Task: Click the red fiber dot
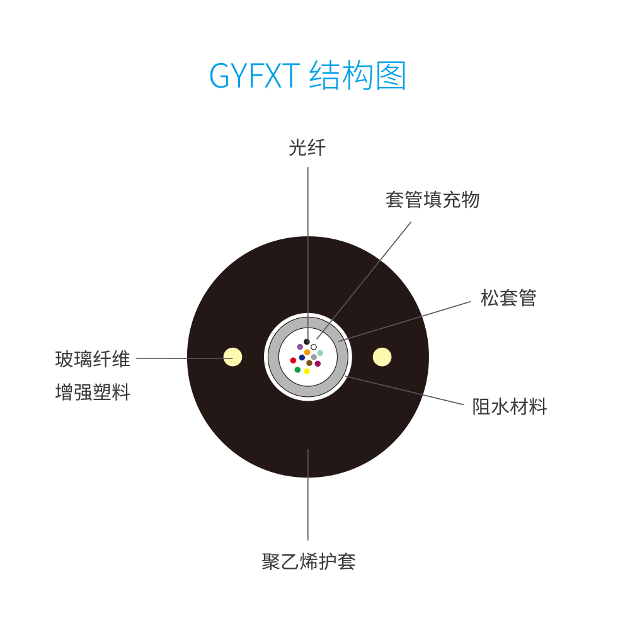coord(294,360)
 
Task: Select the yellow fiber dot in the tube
coord(307,371)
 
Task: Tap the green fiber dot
coord(298,370)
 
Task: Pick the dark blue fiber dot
coord(302,358)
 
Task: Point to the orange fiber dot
coord(307,352)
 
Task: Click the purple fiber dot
coord(300,346)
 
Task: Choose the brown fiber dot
coord(309,363)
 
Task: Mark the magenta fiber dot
coord(318,364)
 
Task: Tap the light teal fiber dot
coord(320,353)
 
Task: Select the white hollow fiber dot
coord(314,347)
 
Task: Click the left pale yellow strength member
coord(232,357)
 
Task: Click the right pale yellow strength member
coord(382,357)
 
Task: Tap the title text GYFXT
coord(255,76)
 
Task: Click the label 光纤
coord(307,147)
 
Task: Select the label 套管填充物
coord(433,200)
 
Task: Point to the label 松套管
coord(508,298)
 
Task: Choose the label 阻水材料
coord(510,406)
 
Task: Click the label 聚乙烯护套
coord(309,561)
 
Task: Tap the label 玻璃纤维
coord(93,359)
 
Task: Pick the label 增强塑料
coord(93,392)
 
